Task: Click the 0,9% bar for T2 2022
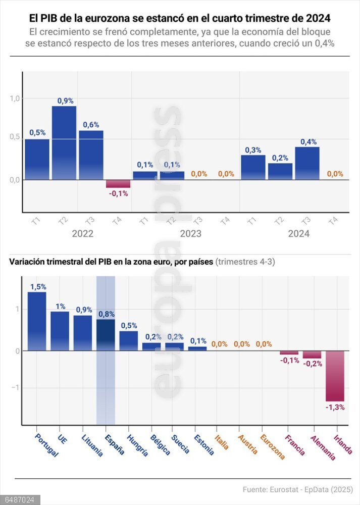tap(64, 142)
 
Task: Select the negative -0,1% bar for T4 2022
tap(118, 184)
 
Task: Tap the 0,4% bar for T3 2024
tap(307, 163)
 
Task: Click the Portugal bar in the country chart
tap(37, 321)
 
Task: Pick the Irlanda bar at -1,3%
tap(335, 376)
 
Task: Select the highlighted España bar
tap(106, 335)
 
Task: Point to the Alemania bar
tap(312, 355)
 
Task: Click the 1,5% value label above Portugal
tap(37, 287)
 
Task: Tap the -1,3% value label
tap(335, 407)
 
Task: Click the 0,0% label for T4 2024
tap(335, 174)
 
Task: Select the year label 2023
tap(190, 234)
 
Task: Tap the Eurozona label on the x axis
tap(273, 446)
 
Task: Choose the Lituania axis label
tap(92, 445)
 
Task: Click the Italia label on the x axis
tap(222, 442)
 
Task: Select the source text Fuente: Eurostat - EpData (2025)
tap(297, 489)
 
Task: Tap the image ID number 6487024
tap(20, 500)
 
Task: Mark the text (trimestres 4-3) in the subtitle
tap(245, 262)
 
